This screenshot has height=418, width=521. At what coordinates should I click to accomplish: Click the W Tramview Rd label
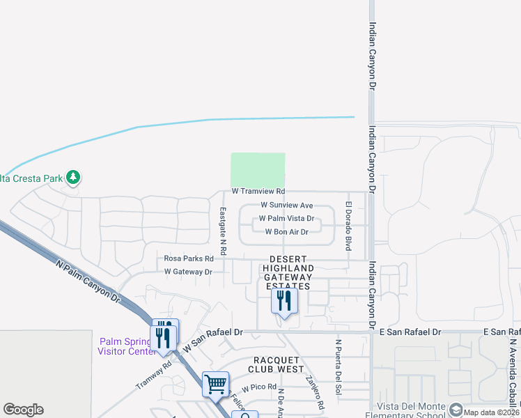258,191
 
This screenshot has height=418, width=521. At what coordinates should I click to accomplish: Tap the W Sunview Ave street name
286,206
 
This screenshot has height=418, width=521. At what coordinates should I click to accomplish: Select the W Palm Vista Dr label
286,219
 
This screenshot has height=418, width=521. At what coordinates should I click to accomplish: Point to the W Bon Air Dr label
286,232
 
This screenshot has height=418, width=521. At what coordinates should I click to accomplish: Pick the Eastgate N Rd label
223,230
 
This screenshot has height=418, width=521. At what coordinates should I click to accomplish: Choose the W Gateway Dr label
188,272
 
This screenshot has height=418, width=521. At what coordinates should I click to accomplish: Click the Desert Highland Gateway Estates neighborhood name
288,272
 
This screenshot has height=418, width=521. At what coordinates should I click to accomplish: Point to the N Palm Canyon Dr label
87,277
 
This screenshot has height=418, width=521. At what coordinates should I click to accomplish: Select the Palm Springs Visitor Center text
127,346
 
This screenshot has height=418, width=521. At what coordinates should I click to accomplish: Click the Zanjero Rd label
314,392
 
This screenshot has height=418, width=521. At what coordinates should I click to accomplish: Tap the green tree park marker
73,178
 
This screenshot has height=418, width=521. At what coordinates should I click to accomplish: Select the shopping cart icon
215,383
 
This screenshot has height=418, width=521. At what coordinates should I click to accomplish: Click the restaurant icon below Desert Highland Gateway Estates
283,300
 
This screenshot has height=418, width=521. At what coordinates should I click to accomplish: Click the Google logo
23,410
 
